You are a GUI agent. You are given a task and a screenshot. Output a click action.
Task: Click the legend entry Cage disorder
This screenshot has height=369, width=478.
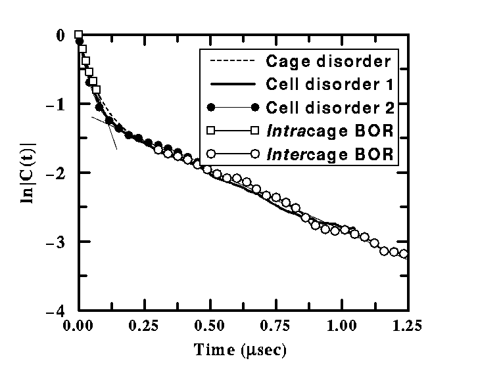(328, 62)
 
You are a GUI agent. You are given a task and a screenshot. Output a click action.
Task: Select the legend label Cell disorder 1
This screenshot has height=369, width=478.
(329, 85)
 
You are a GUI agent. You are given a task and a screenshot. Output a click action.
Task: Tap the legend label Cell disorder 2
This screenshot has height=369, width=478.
(329, 107)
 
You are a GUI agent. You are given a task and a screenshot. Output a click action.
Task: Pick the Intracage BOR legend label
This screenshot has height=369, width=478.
(329, 130)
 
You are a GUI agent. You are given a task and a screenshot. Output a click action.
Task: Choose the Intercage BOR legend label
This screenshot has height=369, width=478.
(329, 154)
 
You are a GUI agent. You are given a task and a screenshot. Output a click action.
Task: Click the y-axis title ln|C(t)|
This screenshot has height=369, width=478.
(29, 171)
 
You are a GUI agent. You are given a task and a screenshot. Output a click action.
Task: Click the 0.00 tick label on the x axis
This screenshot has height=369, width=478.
(78, 325)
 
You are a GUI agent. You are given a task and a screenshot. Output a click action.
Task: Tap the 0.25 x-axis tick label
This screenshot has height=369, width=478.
(144, 325)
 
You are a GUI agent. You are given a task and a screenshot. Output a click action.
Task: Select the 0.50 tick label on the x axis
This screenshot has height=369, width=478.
(210, 325)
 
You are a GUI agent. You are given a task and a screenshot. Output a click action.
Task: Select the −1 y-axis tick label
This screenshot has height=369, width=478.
(57, 104)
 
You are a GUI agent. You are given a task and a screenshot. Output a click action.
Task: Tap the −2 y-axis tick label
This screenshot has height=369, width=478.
(57, 173)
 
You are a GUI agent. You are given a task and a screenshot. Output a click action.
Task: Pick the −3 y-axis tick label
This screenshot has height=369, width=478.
(57, 242)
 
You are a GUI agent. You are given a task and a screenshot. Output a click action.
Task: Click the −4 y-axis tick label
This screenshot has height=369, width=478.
(57, 311)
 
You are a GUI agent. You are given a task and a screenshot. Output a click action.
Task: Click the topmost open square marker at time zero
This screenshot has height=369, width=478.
(78, 35)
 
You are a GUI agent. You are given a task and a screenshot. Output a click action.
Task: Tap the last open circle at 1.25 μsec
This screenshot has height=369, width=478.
(404, 254)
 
